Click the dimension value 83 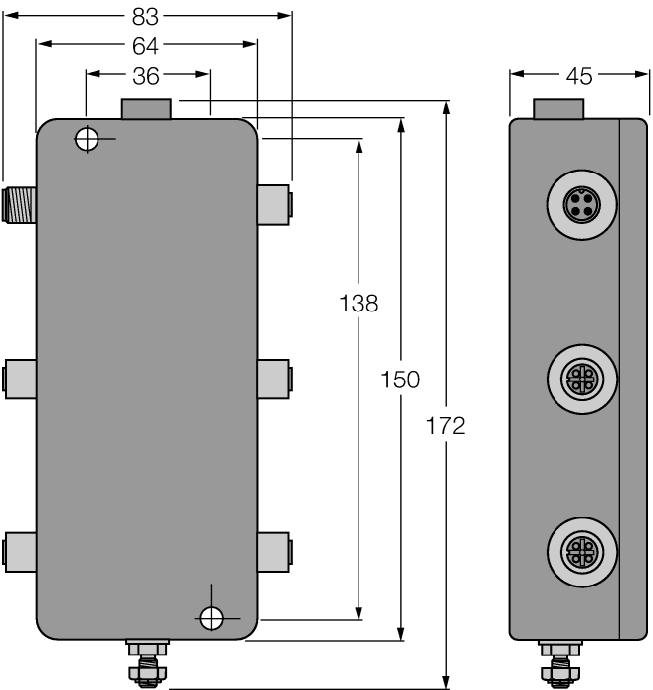pyautogui.click(x=146, y=16)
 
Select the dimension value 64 pyautogui.click(x=146, y=44)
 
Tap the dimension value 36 pyautogui.click(x=146, y=74)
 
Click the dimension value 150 pyautogui.click(x=401, y=379)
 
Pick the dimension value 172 pyautogui.click(x=446, y=426)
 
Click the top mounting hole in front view pyautogui.click(x=88, y=140)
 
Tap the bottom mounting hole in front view pyautogui.click(x=210, y=618)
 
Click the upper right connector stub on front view pyautogui.click(x=275, y=201)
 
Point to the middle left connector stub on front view pyautogui.click(x=20, y=378)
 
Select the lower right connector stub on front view pyautogui.click(x=275, y=548)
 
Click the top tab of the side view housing pyautogui.click(x=557, y=107)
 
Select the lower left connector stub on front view pyautogui.click(x=20, y=548)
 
